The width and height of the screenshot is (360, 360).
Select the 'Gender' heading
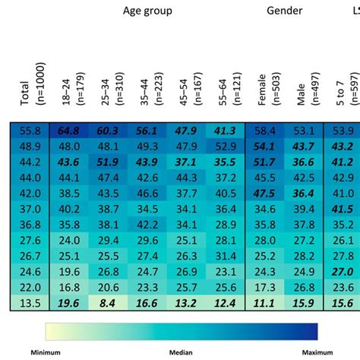click(x=285, y=11)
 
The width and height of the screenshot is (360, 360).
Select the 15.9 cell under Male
click(x=303, y=303)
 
